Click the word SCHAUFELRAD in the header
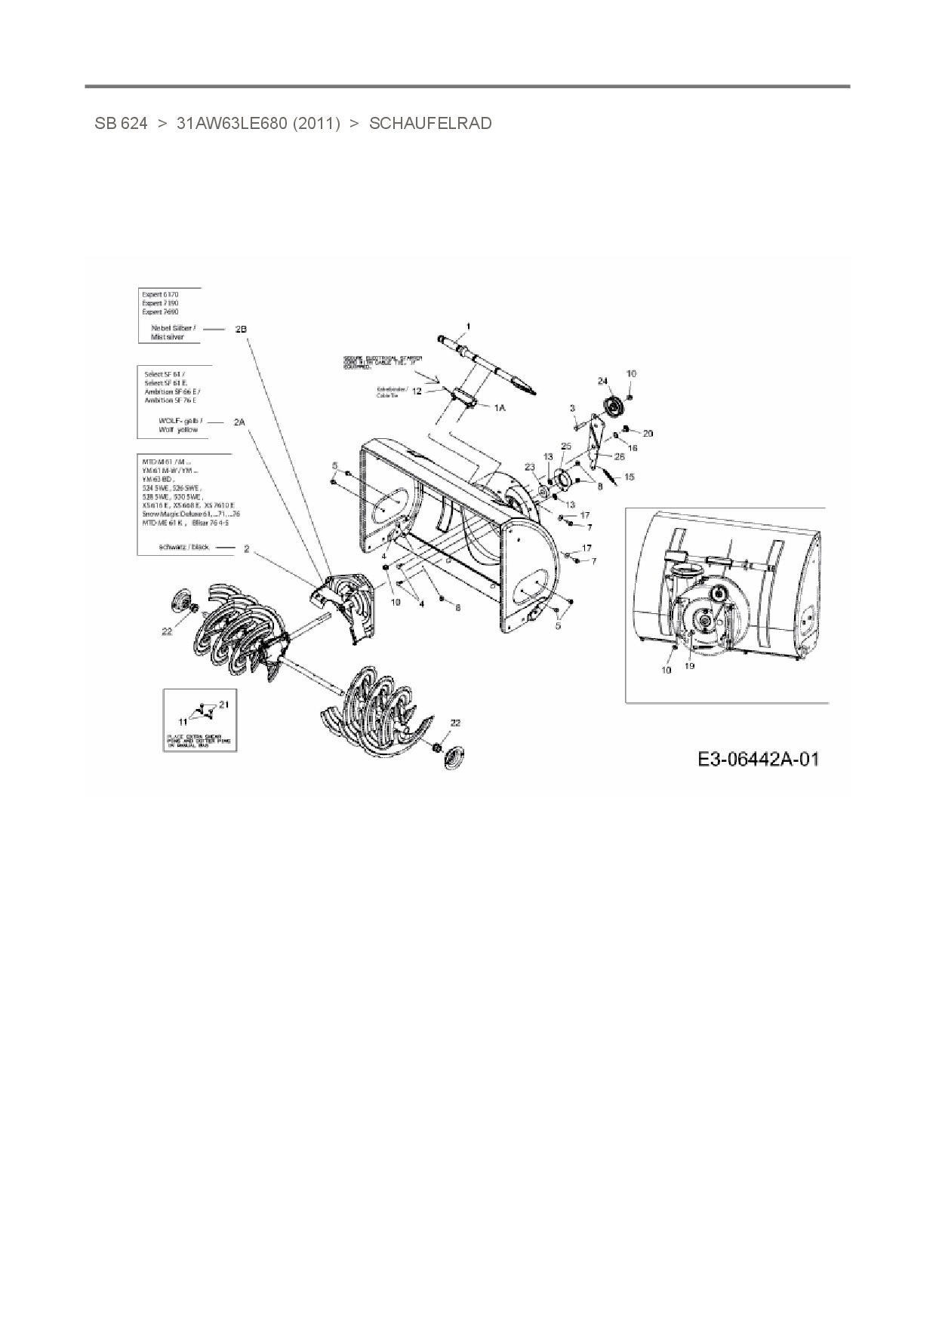[x=430, y=123]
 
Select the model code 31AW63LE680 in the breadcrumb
[x=258, y=123]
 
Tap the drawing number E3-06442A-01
[x=758, y=759]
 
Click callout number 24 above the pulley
[x=602, y=381]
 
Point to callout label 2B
[x=241, y=329]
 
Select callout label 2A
[x=239, y=422]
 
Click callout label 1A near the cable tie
[x=499, y=407]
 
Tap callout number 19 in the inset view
[x=689, y=666]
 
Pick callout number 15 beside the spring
[x=630, y=477]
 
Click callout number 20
[x=648, y=433]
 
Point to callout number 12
[x=417, y=391]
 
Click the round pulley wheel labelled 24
[x=612, y=407]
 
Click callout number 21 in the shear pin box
[x=223, y=704]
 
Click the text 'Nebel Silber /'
[x=173, y=328]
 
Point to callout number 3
[x=573, y=408]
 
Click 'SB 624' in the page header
[x=121, y=123]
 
